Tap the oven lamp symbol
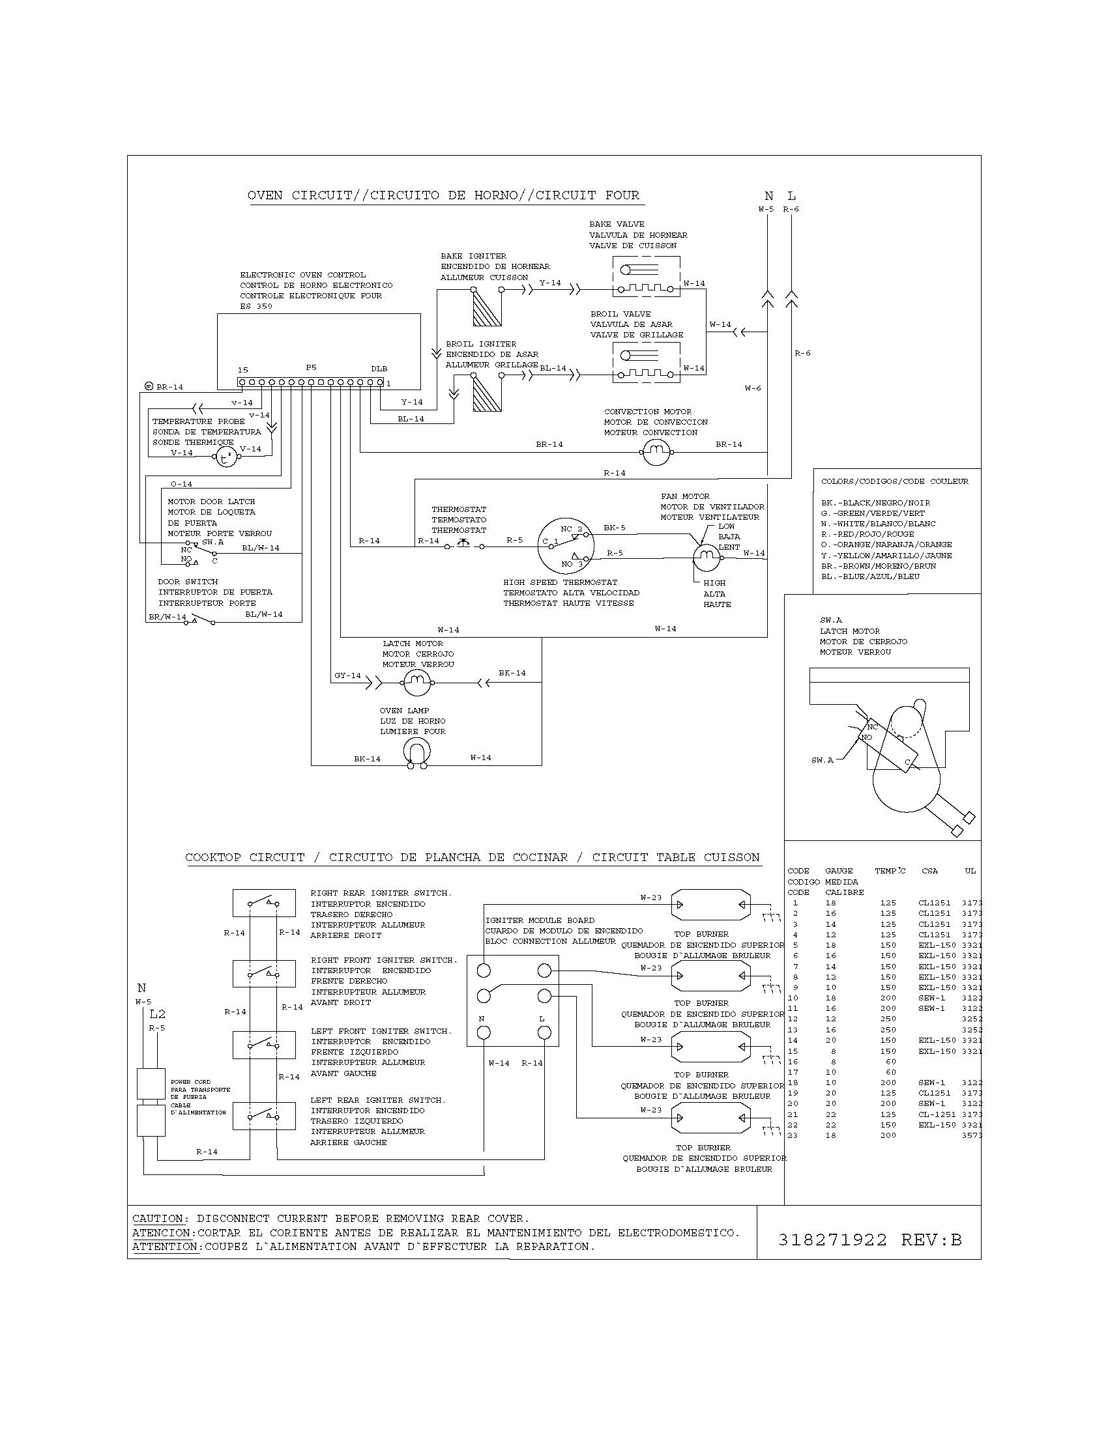pyautogui.click(x=417, y=752)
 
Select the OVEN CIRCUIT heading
pyautogui.click(x=443, y=195)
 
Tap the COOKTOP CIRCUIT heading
pyautogui.click(x=472, y=857)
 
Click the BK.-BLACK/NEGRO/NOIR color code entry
pyautogui.click(x=875, y=503)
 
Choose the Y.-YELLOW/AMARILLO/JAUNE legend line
pyautogui.click(x=886, y=555)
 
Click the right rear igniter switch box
pyautogui.click(x=263, y=903)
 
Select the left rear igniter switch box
pyautogui.click(x=263, y=1116)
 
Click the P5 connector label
pyautogui.click(x=310, y=368)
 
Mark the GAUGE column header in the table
pyautogui.click(x=839, y=871)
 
